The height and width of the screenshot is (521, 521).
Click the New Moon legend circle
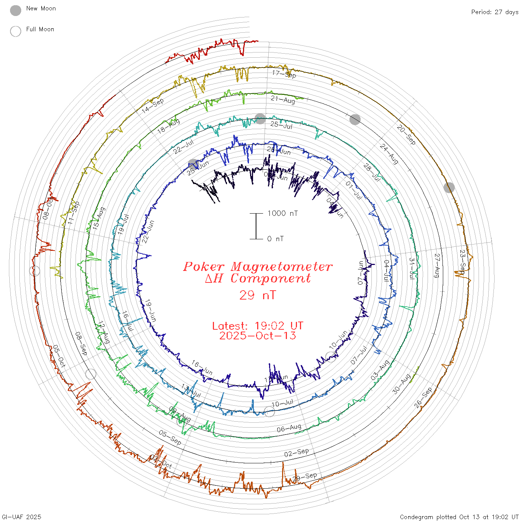(16, 10)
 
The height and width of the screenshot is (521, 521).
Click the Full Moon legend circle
(16, 31)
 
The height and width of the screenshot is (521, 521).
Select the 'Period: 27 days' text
(495, 12)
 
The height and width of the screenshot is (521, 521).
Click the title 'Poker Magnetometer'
(258, 266)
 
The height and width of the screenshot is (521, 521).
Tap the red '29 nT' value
(258, 295)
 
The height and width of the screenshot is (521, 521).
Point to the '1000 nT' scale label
(283, 213)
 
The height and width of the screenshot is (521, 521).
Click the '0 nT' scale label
(275, 239)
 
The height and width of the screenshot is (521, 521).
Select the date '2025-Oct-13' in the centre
(258, 336)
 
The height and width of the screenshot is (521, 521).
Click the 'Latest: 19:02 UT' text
(258, 326)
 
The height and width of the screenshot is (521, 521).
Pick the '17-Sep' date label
(284, 74)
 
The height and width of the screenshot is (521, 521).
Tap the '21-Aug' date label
(283, 99)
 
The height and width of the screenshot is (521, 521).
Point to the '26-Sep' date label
(423, 397)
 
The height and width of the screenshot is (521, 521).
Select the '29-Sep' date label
(305, 477)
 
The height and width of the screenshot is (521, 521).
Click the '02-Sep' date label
(297, 453)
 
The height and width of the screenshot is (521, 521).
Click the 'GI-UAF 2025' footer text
(21, 517)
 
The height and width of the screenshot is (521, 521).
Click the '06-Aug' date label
(289, 428)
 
